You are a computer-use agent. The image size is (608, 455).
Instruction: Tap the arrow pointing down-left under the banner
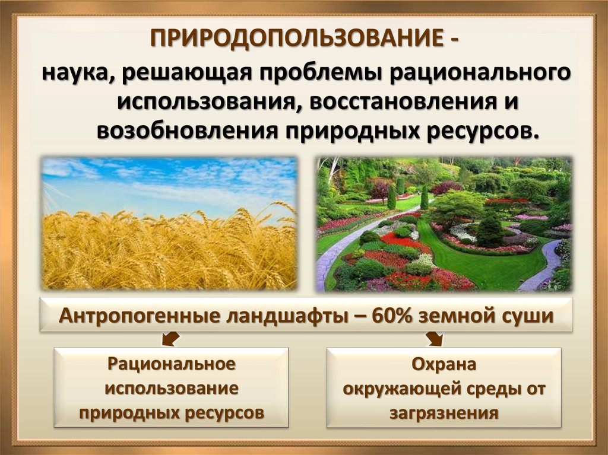click(170, 338)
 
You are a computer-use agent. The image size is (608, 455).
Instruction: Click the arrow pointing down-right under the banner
click(434, 338)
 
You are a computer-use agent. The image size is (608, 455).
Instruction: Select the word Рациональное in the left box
click(172, 364)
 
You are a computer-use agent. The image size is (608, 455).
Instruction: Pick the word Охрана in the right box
click(444, 364)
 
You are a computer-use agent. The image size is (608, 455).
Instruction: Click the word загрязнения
click(444, 413)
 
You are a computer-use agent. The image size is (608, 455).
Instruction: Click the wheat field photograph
click(169, 223)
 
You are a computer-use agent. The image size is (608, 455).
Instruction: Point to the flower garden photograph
click(444, 224)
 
